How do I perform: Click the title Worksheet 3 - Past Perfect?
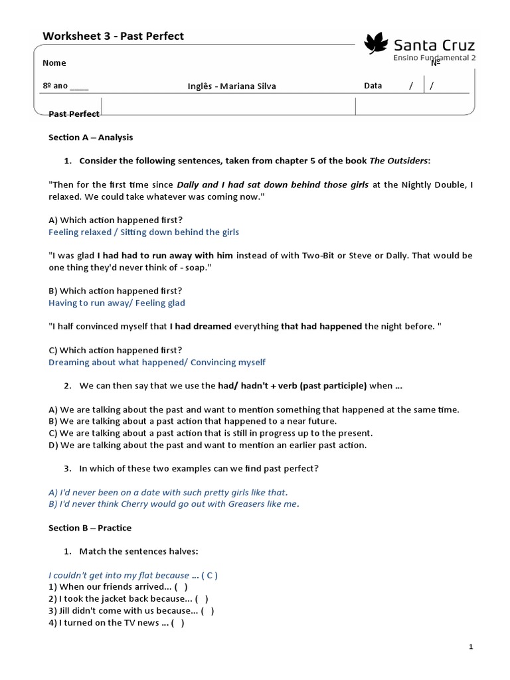coord(113,36)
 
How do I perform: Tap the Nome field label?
coord(54,63)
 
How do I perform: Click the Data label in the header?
coord(373,86)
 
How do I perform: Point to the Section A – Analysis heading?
coord(90,137)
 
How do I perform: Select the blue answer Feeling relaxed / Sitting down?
coord(143,232)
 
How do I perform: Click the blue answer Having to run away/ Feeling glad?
coord(117,303)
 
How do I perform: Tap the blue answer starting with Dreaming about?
coord(157,362)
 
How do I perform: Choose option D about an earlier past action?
coord(207,445)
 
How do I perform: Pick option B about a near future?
coord(193,421)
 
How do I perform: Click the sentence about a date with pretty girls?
coord(168,492)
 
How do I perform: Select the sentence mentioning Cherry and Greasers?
coord(174,504)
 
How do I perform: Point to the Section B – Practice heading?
coord(90,528)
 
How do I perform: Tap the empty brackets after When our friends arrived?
coord(181,587)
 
